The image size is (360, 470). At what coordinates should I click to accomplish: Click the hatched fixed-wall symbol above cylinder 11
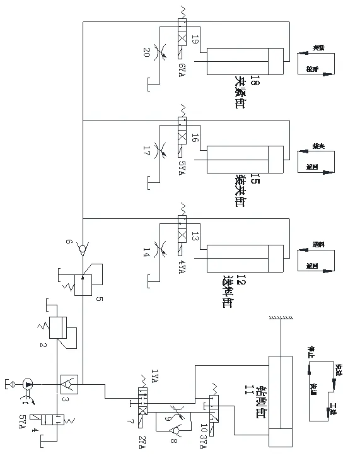(x=281, y=319)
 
